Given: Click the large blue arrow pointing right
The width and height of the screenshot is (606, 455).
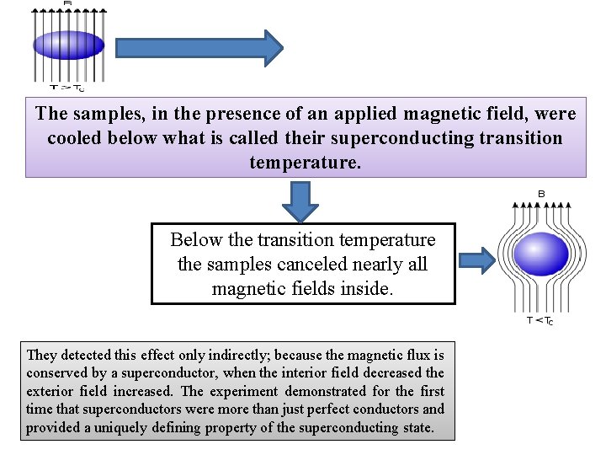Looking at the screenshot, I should pyautogui.click(x=199, y=48).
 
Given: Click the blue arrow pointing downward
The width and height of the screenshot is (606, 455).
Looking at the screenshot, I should pyautogui.click(x=301, y=201).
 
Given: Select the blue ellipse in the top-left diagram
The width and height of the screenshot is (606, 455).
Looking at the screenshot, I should pyautogui.click(x=67, y=45).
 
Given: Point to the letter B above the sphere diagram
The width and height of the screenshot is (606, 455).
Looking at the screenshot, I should pyautogui.click(x=541, y=194).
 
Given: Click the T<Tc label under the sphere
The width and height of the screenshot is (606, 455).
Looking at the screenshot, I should pyautogui.click(x=540, y=321).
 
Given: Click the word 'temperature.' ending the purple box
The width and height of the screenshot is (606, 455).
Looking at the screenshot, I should pyautogui.click(x=306, y=161).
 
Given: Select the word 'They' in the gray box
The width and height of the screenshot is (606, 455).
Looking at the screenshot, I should pyautogui.click(x=41, y=355).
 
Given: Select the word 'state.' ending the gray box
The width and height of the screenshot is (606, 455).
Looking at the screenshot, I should pyautogui.click(x=418, y=427).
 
